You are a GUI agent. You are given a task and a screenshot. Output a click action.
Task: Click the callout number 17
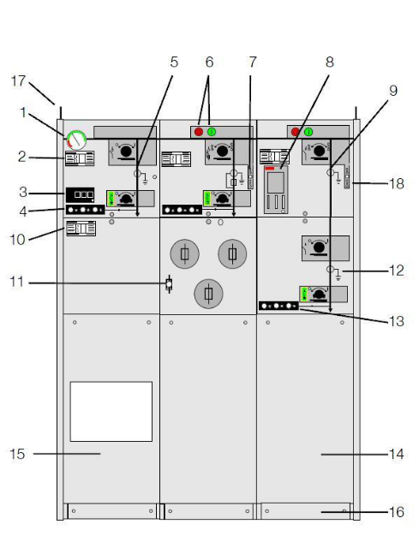[x=18, y=81]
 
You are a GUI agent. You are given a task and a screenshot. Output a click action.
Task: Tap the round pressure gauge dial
[x=76, y=140]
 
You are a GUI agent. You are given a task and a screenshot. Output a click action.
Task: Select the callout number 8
[x=330, y=63]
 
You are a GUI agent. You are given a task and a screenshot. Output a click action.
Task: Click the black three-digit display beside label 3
[x=80, y=195]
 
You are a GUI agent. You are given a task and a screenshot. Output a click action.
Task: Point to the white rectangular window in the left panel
[x=111, y=411]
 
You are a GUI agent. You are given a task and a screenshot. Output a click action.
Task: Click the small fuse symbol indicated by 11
[x=169, y=283]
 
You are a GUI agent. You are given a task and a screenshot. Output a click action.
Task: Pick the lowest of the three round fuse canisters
[x=208, y=294]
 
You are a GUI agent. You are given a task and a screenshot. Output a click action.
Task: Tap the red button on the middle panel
[x=199, y=132]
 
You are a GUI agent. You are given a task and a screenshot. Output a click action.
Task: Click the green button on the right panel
[x=308, y=132]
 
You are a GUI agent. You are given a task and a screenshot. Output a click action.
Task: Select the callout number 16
[x=397, y=512]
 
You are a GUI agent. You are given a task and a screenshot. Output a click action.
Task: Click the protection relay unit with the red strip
[x=276, y=189]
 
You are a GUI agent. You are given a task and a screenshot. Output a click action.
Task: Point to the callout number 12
[x=397, y=271]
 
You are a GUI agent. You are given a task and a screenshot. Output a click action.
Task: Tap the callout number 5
[x=174, y=63]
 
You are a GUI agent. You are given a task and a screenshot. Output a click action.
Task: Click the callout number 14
[x=397, y=454]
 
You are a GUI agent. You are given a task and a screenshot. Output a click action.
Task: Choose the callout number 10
[x=17, y=240]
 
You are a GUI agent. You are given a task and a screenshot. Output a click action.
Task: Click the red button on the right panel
[x=296, y=132]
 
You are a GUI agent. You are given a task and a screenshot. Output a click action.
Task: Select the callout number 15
[x=17, y=454]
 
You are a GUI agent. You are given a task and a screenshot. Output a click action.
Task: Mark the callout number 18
[x=397, y=183]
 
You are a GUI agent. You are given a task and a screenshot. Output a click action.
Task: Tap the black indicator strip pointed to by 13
[x=278, y=306]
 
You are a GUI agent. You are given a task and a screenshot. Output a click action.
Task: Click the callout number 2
[x=22, y=157]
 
